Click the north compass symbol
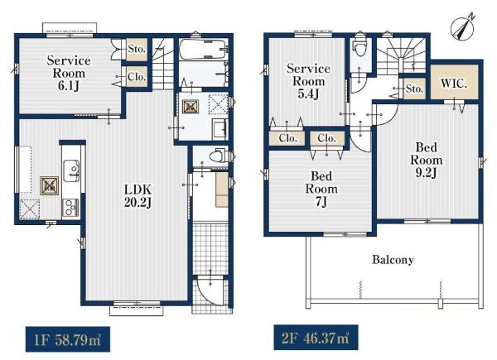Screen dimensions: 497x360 462,28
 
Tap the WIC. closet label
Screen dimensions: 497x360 454,84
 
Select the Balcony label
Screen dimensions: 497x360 393,260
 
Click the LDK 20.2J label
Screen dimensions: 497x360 138,196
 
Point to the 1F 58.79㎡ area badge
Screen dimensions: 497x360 68,339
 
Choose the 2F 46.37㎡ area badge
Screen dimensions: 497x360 316,338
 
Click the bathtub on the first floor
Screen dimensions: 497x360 203,49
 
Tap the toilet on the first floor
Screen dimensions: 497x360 219,156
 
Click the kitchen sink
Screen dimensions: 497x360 71,170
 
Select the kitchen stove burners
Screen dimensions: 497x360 70,208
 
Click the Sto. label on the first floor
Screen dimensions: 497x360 137,49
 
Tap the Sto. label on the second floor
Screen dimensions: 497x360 415,89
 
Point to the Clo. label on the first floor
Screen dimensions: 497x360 137,77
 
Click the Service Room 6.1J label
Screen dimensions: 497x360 69,73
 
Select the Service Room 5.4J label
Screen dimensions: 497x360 308,81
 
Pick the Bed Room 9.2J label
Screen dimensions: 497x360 427,160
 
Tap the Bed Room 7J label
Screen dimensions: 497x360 321,189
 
